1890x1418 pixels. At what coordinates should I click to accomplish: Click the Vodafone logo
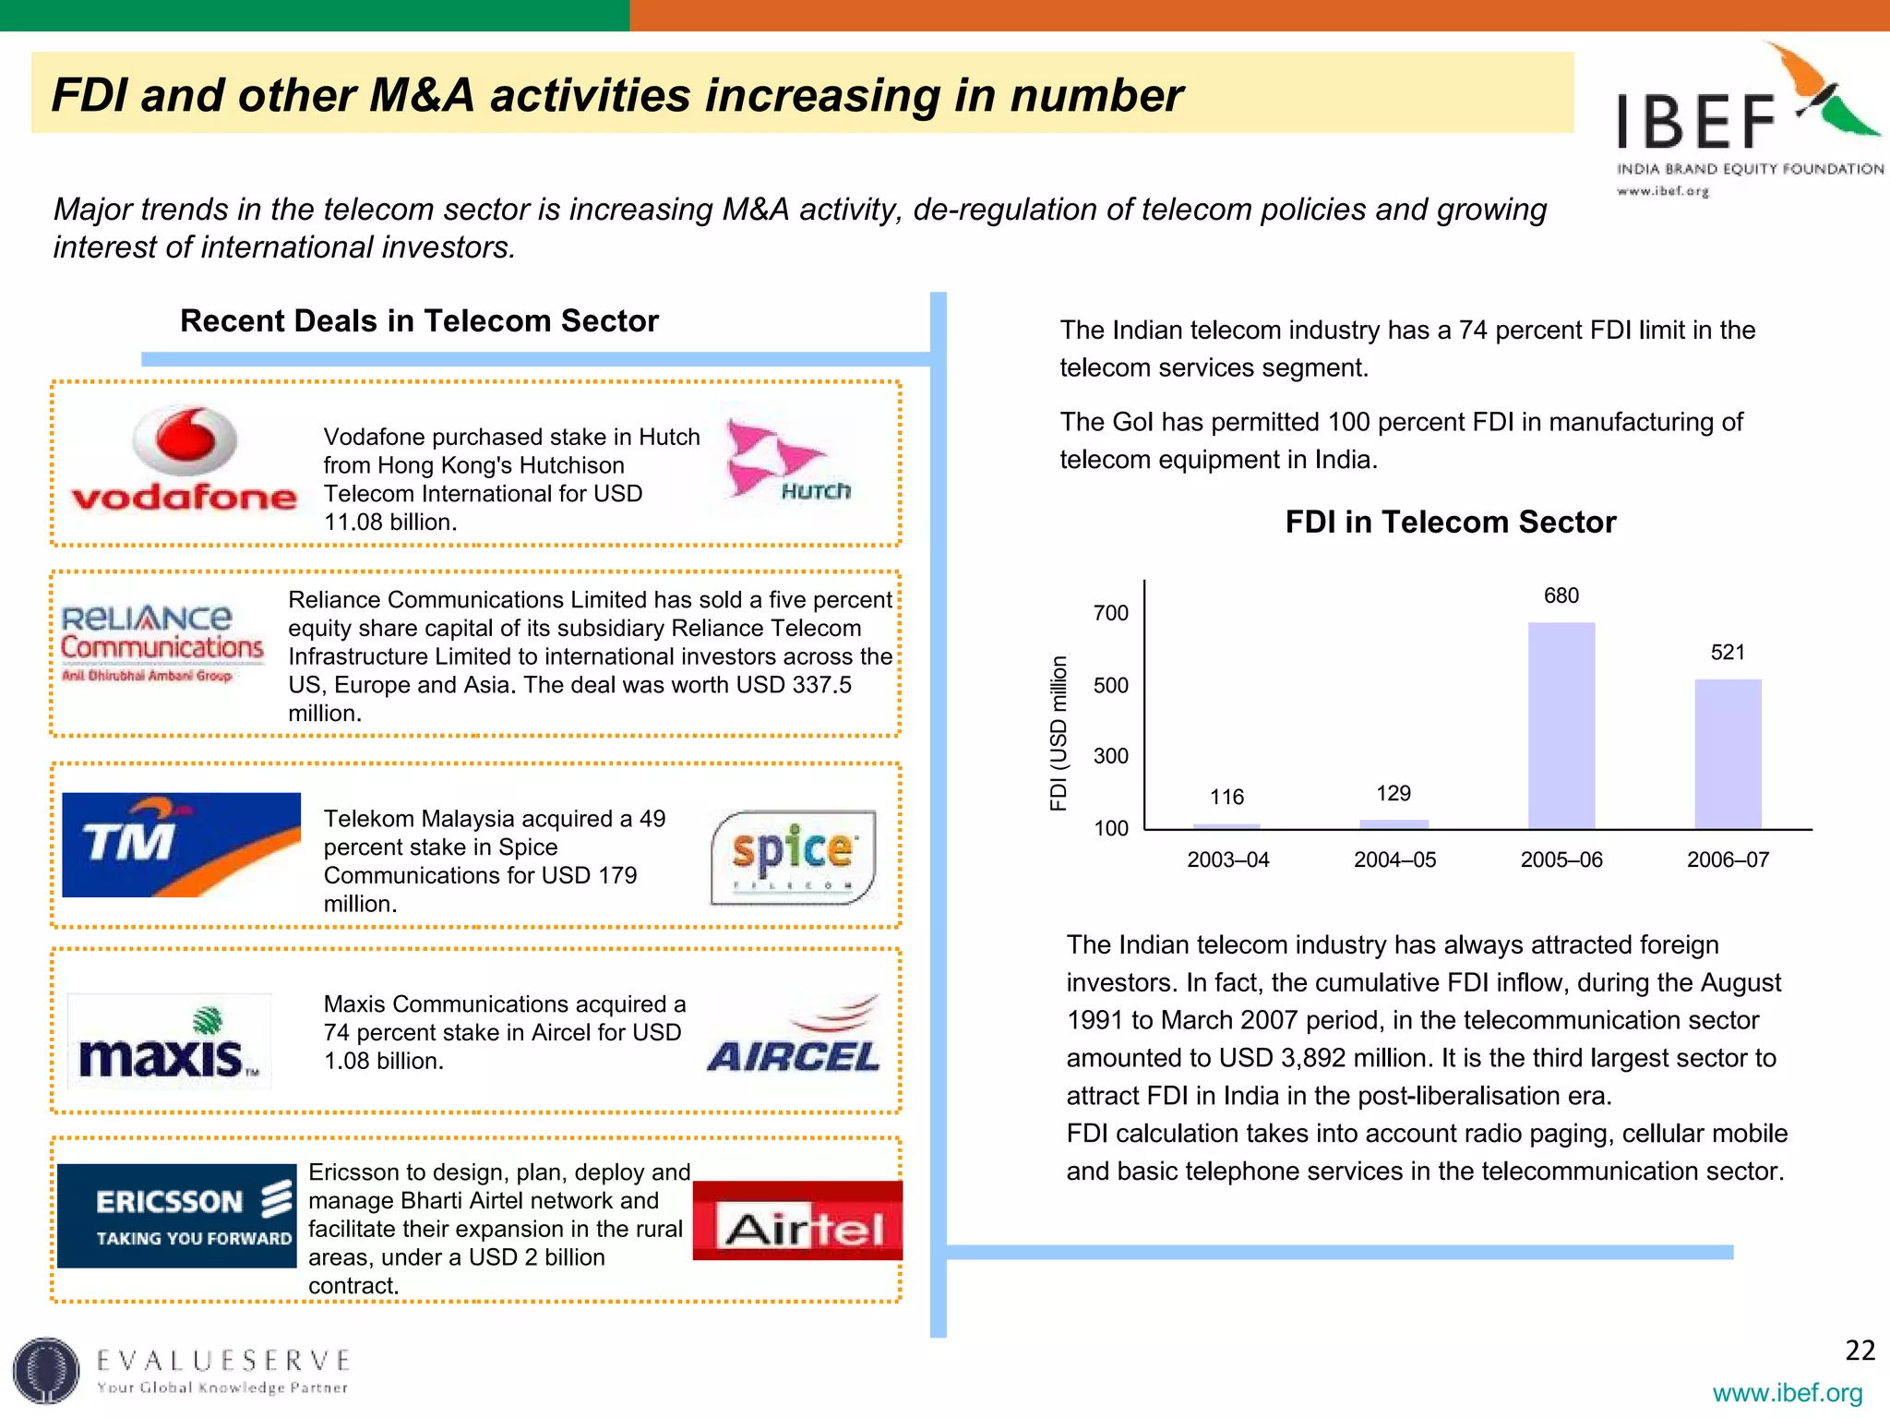(185, 462)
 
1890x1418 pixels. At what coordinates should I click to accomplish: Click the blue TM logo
(181, 845)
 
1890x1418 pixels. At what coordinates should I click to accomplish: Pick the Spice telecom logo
(793, 857)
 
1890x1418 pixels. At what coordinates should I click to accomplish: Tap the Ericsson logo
(177, 1215)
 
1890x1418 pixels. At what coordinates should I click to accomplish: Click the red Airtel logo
(797, 1220)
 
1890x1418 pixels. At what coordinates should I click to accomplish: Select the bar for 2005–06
(1561, 726)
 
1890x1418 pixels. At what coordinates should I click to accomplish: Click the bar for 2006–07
(1728, 754)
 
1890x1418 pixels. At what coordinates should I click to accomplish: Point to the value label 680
(1561, 595)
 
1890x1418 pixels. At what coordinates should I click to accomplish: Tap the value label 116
(1226, 797)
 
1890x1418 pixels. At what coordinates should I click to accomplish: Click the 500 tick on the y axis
(1111, 685)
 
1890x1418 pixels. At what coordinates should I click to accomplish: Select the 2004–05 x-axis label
(1394, 859)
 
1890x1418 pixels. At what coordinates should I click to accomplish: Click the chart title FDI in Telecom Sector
(1451, 523)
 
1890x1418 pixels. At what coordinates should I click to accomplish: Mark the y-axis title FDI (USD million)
(1059, 733)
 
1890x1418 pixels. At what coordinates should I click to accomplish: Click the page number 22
(1860, 1351)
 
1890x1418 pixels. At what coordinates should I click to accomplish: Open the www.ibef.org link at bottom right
(1787, 1393)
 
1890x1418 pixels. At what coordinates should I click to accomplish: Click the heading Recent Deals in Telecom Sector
(419, 321)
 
